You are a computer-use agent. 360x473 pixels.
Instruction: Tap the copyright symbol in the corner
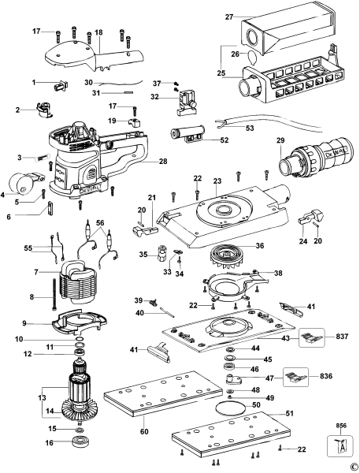pyautogui.click(x=354, y=465)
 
